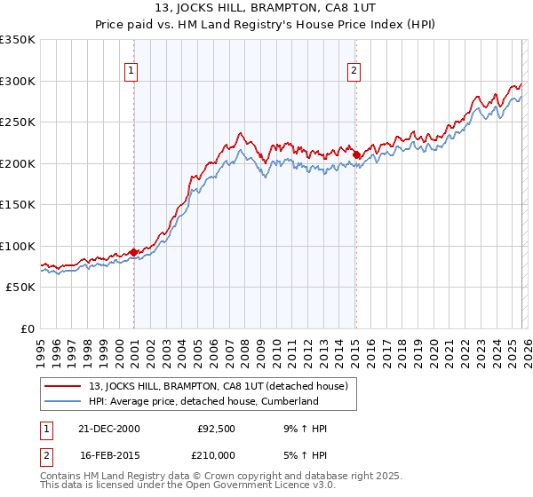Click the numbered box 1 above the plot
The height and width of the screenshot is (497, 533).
pyautogui.click(x=131, y=71)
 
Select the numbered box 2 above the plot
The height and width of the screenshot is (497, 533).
pyautogui.click(x=354, y=71)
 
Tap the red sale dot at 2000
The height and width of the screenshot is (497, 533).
pyautogui.click(x=134, y=252)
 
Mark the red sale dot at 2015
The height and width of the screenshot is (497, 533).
pyautogui.click(x=355, y=155)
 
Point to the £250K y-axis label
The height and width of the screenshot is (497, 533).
pyautogui.click(x=18, y=122)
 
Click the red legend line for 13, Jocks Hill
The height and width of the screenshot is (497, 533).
pyautogui.click(x=63, y=386)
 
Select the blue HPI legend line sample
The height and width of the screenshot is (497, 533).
pyautogui.click(x=63, y=401)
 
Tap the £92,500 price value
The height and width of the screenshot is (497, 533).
pyautogui.click(x=215, y=429)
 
